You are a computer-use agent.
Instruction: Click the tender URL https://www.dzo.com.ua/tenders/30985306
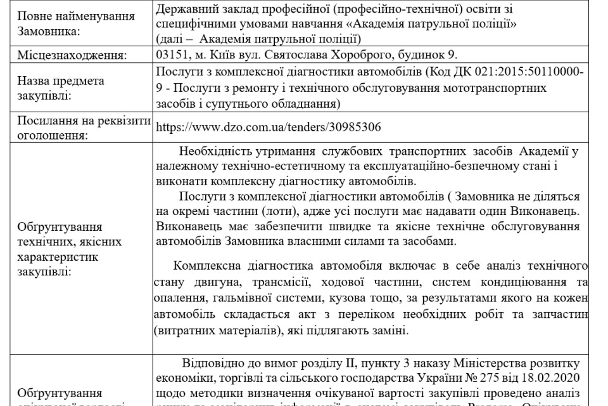tap(268, 127)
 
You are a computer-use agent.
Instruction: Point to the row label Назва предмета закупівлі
tap(60, 88)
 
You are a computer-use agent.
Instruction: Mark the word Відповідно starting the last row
tap(218, 364)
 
